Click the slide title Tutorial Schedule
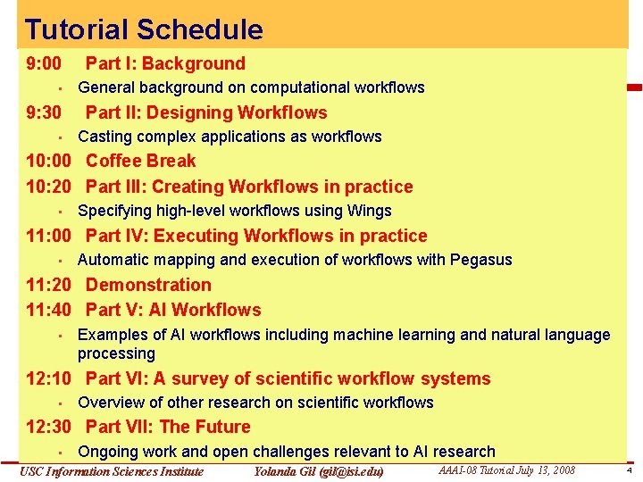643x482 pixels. pos(144,29)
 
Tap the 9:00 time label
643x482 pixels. pos(44,63)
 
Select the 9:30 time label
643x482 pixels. pos(44,112)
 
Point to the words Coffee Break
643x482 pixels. pos(140,161)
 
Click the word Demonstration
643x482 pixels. pos(148,285)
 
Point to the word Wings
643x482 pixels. pos(371,211)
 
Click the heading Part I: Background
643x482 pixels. pos(165,63)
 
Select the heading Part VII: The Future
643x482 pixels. pos(168,427)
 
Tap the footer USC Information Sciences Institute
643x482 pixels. pos(112,471)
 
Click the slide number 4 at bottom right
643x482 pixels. pos(629,470)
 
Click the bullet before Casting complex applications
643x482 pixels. pos(55,137)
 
